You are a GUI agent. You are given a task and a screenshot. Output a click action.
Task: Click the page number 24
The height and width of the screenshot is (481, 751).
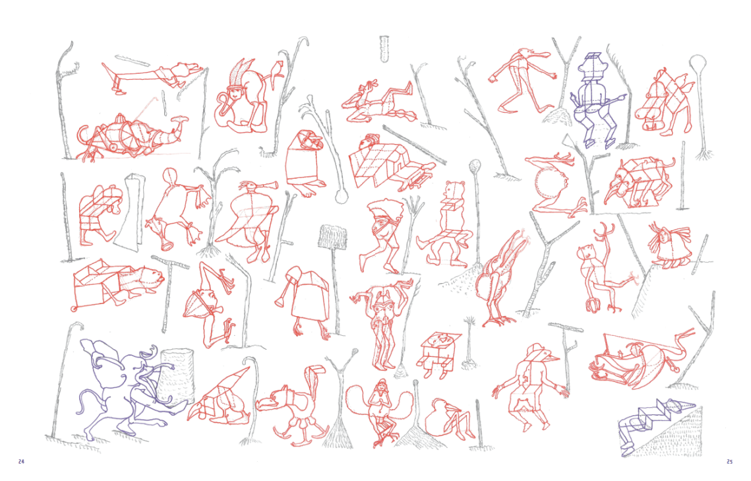(x=21, y=462)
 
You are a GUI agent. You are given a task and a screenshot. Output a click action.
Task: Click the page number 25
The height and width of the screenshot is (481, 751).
(x=729, y=462)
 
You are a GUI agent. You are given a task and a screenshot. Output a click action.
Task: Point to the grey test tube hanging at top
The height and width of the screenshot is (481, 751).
(x=384, y=48)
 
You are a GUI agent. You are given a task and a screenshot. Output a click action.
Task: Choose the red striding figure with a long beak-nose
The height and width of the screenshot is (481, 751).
(x=522, y=80)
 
